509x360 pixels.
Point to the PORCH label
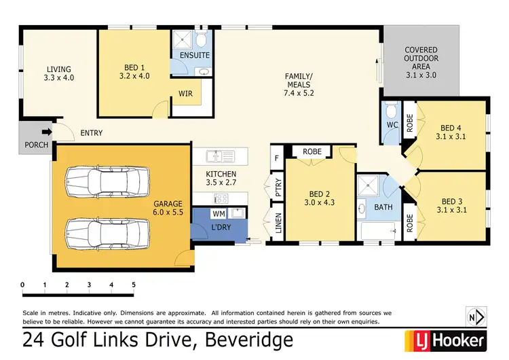35,144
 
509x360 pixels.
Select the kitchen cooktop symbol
221,198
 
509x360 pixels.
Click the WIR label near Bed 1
185,94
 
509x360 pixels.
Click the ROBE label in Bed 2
312,151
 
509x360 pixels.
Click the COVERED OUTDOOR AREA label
421,59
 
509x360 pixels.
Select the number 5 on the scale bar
134,284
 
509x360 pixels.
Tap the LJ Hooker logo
445,339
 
